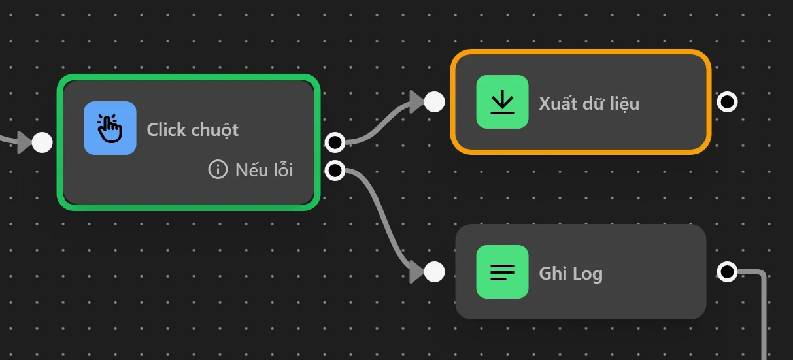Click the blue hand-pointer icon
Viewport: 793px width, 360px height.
pos(110,128)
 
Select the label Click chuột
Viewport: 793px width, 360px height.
pos(193,129)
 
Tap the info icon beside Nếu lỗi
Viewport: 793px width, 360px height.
pos(217,170)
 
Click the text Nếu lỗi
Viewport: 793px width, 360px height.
pos(264,171)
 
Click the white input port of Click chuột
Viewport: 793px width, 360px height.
pos(42,142)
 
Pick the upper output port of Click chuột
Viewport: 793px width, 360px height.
pos(335,142)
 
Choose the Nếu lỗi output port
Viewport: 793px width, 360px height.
pos(335,171)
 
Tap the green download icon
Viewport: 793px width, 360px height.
pos(502,102)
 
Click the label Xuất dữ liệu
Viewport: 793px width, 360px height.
pos(589,103)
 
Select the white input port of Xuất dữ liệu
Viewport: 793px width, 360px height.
pos(434,102)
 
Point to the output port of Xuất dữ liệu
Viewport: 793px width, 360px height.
pos(727,102)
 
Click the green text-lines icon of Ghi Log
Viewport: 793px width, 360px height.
pos(502,272)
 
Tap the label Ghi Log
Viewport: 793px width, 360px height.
pos(571,273)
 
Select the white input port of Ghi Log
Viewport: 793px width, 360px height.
pos(434,272)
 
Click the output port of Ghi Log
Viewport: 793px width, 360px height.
pos(727,272)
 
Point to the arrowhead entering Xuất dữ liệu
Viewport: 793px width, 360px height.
pos(417,102)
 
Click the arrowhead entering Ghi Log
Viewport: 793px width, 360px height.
pos(417,272)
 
